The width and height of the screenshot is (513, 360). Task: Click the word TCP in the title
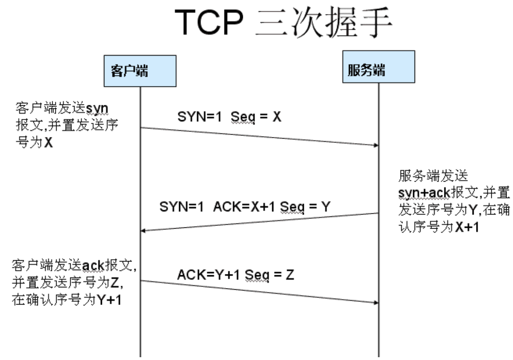point(209,22)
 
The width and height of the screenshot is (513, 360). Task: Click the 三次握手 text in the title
point(324,22)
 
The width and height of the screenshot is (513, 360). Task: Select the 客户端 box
point(140,71)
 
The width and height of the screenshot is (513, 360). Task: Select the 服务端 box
point(379,67)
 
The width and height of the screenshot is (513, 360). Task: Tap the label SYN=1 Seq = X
point(229,117)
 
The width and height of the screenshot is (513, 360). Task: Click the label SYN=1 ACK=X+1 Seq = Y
point(245,207)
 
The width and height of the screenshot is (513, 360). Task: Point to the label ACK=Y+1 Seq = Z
point(236,275)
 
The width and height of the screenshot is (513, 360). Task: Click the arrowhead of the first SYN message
point(376,145)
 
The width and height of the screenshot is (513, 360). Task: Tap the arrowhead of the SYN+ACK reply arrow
point(142,231)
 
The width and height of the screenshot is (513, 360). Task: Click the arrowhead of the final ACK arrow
point(376,303)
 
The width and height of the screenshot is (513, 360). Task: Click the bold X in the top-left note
point(48,143)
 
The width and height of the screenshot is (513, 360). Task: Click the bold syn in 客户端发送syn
point(97,109)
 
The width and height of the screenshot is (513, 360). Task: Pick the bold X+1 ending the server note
point(467,227)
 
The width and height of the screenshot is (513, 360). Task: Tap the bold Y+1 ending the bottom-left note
point(109,300)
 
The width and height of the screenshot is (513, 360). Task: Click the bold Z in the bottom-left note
point(114,283)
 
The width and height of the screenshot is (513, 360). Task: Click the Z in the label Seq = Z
point(290,275)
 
